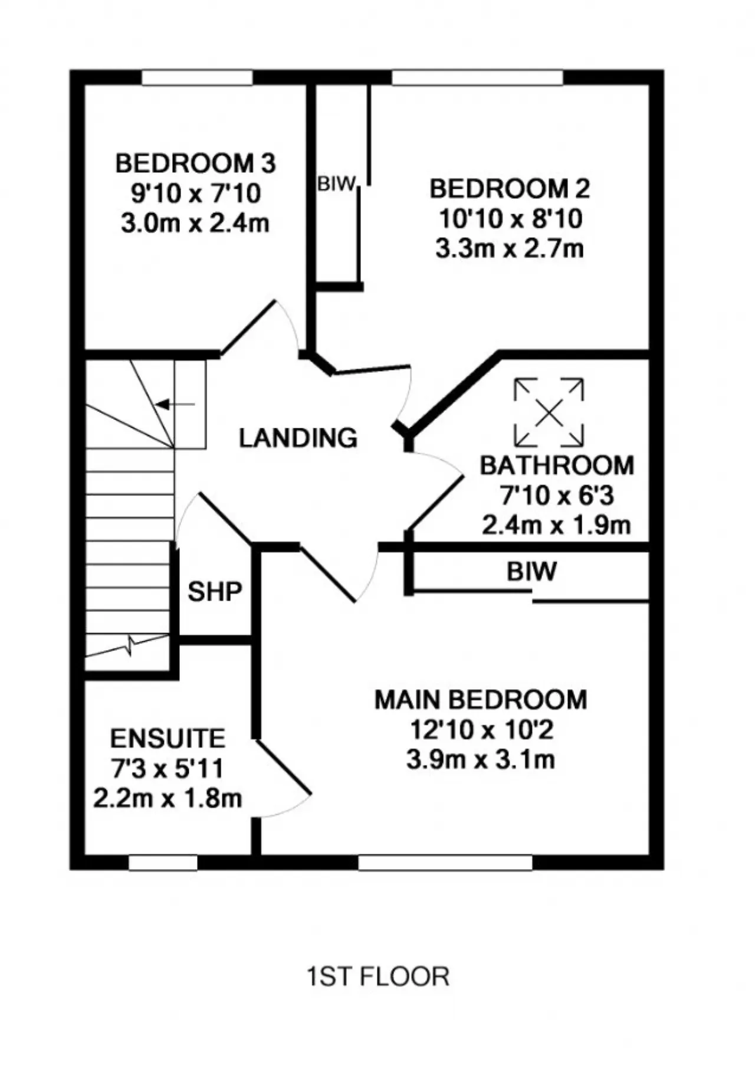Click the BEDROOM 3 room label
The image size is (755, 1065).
[x=195, y=163]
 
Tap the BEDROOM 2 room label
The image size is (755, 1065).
[x=510, y=189]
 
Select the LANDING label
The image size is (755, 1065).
[x=298, y=438]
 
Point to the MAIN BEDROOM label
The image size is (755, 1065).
[x=481, y=700]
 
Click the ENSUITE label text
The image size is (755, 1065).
[x=168, y=739]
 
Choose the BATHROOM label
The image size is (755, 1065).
[x=557, y=466]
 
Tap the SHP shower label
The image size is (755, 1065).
[x=215, y=591]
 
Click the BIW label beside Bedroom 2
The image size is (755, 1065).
[x=337, y=184]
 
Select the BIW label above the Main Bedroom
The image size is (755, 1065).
[x=531, y=571]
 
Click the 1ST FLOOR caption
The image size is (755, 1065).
[x=378, y=977]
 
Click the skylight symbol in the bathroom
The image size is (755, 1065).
[x=549, y=412]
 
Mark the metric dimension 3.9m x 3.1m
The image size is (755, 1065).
[x=481, y=759]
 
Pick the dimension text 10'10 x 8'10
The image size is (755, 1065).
[x=510, y=219]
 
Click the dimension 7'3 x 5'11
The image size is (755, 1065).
[x=168, y=769]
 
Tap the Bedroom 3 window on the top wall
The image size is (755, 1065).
[x=198, y=78]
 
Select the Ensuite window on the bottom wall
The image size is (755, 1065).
[x=163, y=863]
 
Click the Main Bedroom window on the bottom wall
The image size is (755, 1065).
[x=446, y=863]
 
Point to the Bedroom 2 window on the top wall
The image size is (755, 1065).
[x=478, y=78]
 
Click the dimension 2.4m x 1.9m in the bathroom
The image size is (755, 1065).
[x=557, y=525]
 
